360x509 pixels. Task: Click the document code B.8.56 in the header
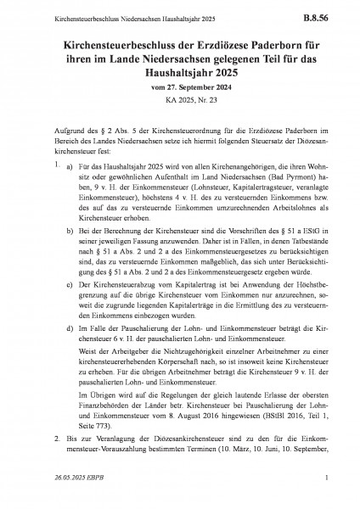tap(323, 14)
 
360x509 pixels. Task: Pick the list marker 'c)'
tap(69, 308)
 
